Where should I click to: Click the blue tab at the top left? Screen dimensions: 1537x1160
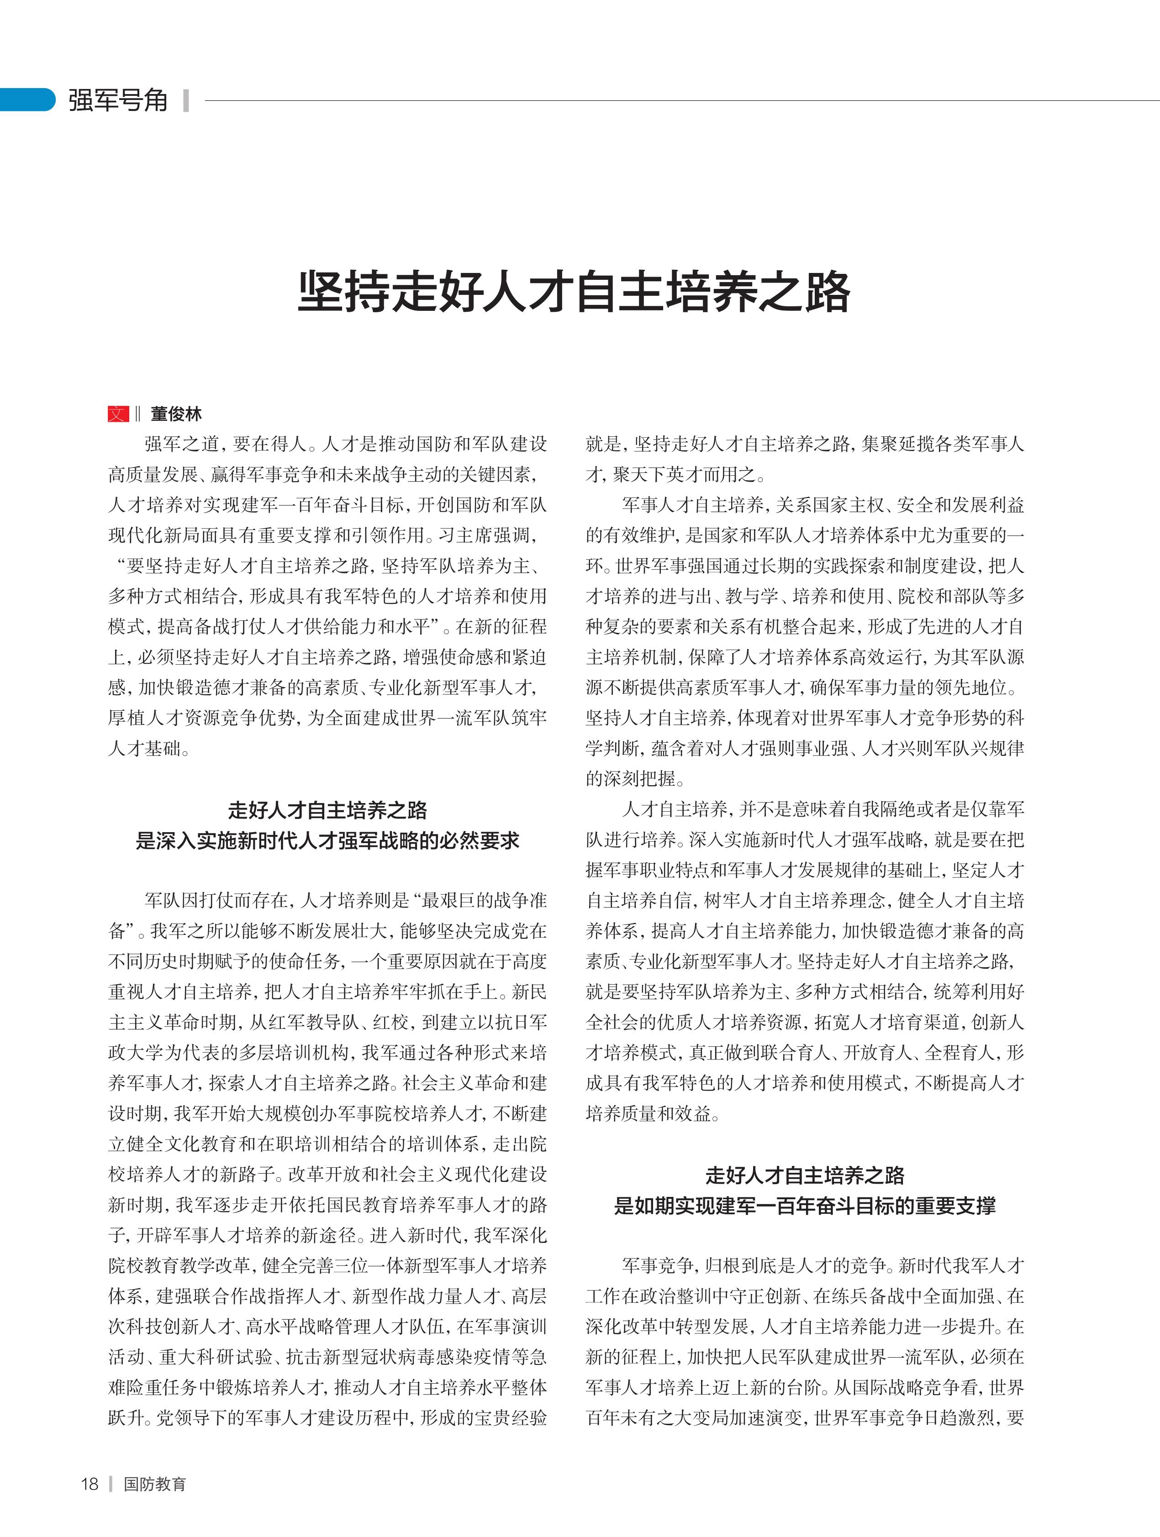coord(26,100)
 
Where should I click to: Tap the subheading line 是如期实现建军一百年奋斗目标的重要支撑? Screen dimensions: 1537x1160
coord(804,1206)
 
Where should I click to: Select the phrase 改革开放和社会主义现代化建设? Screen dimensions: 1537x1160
coord(417,1174)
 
